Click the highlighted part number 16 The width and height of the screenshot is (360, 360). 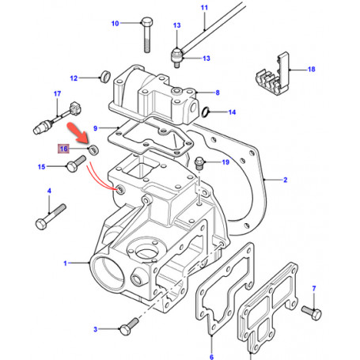point(63,149)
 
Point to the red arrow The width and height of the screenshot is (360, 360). point(78,134)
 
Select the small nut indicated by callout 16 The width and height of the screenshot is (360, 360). point(93,150)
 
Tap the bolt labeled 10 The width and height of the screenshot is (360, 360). point(147,35)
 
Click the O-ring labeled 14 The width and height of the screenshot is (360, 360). point(206,112)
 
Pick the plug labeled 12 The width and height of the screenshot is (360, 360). point(105,76)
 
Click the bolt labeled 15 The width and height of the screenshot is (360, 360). point(76,164)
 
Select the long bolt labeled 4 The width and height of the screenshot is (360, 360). point(51,217)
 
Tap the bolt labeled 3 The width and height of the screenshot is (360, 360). point(129,327)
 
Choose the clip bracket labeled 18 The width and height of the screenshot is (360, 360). point(272,74)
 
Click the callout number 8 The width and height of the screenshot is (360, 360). point(218,93)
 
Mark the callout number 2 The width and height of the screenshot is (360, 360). point(285,180)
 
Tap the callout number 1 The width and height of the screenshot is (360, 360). point(65,263)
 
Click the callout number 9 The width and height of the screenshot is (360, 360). point(96,128)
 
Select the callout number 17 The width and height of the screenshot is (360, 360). point(57,93)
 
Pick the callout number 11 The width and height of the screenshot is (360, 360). point(204,8)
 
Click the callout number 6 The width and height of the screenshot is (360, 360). point(211,357)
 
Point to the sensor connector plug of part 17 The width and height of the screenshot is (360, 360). point(75,108)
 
